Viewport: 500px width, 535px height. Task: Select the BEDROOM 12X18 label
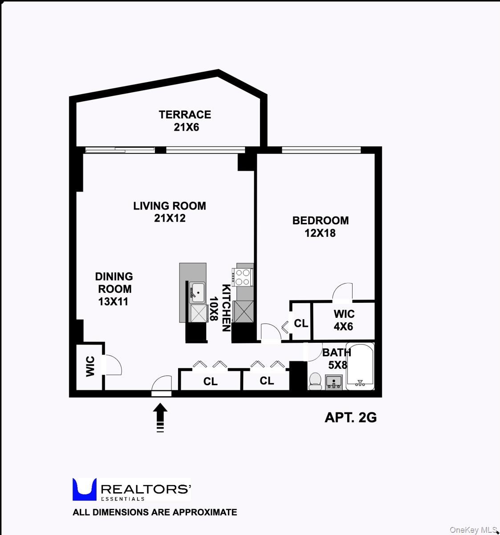pyautogui.click(x=320, y=226)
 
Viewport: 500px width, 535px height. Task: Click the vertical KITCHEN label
pyautogui.click(x=226, y=308)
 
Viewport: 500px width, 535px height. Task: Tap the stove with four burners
pyautogui.click(x=243, y=277)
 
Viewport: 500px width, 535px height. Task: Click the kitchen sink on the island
pyautogui.click(x=197, y=292)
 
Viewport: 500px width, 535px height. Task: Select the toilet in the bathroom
pyautogui.click(x=315, y=381)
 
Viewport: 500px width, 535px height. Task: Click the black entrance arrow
pyautogui.click(x=160, y=416)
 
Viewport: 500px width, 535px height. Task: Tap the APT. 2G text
pyautogui.click(x=351, y=417)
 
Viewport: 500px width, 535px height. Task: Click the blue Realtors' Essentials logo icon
pyautogui.click(x=85, y=489)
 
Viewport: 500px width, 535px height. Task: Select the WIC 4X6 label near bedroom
pyautogui.click(x=343, y=320)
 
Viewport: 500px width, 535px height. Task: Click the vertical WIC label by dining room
pyautogui.click(x=90, y=366)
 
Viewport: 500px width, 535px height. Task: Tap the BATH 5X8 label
pyautogui.click(x=337, y=358)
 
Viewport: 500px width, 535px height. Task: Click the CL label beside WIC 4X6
pyautogui.click(x=301, y=323)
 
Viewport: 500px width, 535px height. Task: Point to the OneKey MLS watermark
pyautogui.click(x=473, y=530)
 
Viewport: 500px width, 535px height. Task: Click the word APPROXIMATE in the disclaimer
pyautogui.click(x=204, y=512)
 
